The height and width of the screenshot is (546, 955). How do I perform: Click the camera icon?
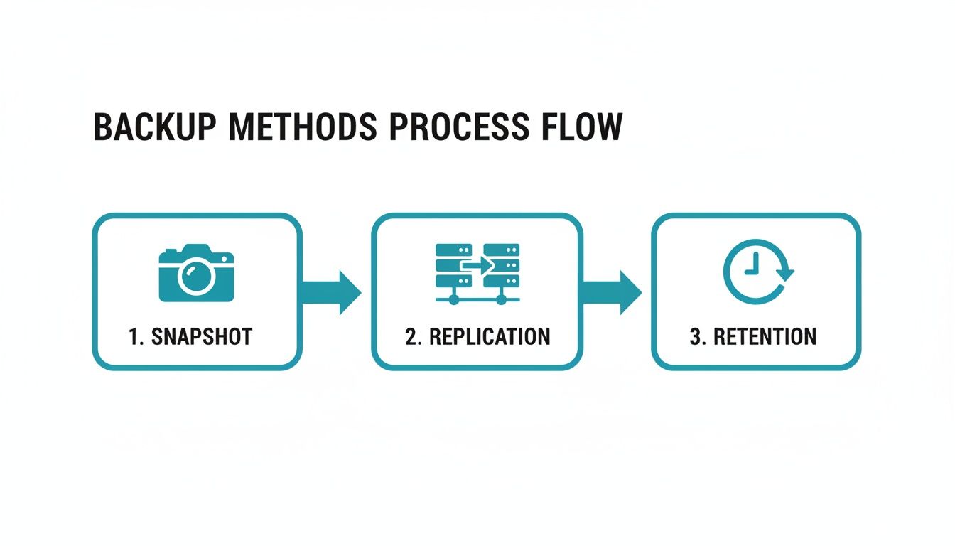coord(195,273)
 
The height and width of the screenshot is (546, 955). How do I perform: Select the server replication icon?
coord(477,274)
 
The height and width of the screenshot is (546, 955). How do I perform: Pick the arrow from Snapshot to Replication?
coord(331,292)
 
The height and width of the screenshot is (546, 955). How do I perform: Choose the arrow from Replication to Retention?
coord(612,292)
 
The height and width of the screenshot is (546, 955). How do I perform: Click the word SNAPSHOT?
coord(202,336)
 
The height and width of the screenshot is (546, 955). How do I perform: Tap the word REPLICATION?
coord(489,336)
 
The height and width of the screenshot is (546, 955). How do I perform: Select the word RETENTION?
coord(765,336)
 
